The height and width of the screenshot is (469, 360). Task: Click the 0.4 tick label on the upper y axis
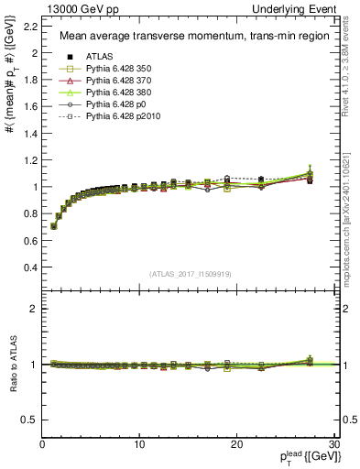(x=29, y=267)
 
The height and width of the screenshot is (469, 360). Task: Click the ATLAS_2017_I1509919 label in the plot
(x=191, y=273)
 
